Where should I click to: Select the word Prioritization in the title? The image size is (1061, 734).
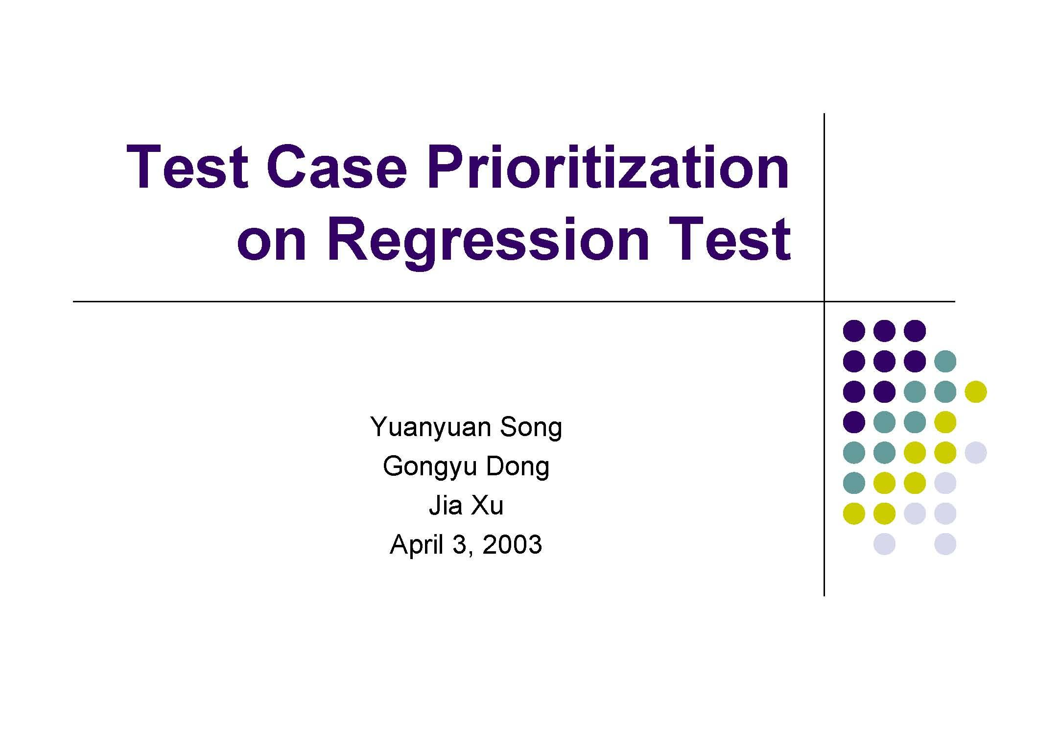(x=608, y=168)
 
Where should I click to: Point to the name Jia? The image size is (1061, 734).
(x=445, y=505)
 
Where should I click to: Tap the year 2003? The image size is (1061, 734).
(x=512, y=544)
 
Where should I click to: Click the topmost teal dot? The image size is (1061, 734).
(x=945, y=361)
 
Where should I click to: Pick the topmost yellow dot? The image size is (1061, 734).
(x=975, y=391)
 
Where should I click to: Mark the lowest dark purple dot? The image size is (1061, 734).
(x=854, y=422)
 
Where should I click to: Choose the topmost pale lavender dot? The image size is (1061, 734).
(x=975, y=452)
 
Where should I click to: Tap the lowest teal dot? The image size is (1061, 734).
(x=854, y=483)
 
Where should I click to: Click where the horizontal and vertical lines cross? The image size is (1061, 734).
(x=825, y=301)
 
